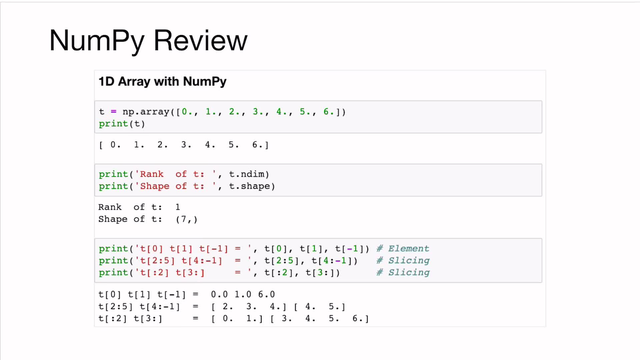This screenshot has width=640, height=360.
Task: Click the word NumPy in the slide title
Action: (x=97, y=41)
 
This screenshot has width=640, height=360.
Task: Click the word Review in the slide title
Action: (x=200, y=40)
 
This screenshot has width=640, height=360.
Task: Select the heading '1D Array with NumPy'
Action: (x=162, y=82)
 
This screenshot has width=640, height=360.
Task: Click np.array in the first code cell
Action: (x=146, y=112)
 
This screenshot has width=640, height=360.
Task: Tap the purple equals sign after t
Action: (x=114, y=112)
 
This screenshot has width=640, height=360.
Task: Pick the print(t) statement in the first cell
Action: (x=122, y=124)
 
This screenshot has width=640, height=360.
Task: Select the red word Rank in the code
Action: (x=152, y=174)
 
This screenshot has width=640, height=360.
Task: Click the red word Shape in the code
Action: (x=155, y=186)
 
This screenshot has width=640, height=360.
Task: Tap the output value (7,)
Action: (x=187, y=219)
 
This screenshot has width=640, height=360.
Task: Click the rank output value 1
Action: (x=178, y=207)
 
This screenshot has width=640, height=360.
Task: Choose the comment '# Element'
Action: (x=403, y=249)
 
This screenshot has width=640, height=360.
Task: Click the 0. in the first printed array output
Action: (x=115, y=145)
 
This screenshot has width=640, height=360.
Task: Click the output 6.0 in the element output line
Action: (x=266, y=295)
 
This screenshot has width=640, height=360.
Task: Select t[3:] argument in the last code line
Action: (x=320, y=273)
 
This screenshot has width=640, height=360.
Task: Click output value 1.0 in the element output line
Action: (x=243, y=295)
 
